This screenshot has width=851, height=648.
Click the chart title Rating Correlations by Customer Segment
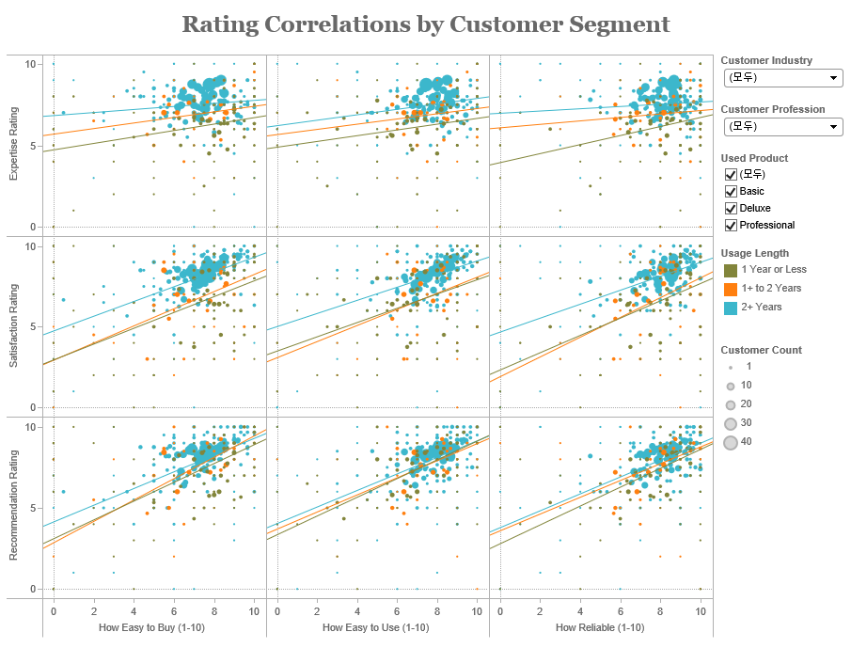click(425, 24)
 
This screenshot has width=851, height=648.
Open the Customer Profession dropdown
click(782, 126)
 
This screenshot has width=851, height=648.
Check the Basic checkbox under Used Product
click(731, 191)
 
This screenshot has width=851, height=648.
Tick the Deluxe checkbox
click(731, 208)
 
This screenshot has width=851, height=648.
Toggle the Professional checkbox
click(731, 225)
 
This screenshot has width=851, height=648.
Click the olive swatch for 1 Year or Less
click(730, 270)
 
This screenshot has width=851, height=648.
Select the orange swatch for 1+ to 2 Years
click(730, 289)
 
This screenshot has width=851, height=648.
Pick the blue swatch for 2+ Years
click(730, 308)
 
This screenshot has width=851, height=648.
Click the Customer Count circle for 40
click(730, 441)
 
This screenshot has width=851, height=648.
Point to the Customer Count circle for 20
click(730, 404)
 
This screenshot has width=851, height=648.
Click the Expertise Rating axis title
click(13, 146)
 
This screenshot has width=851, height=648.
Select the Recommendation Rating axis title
click(13, 507)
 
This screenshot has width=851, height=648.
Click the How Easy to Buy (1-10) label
click(153, 627)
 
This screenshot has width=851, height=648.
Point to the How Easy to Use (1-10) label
click(376, 627)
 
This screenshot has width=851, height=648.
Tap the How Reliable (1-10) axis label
click(600, 627)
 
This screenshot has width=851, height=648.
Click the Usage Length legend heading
click(754, 253)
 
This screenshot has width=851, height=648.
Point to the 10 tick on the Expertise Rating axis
click(30, 64)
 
